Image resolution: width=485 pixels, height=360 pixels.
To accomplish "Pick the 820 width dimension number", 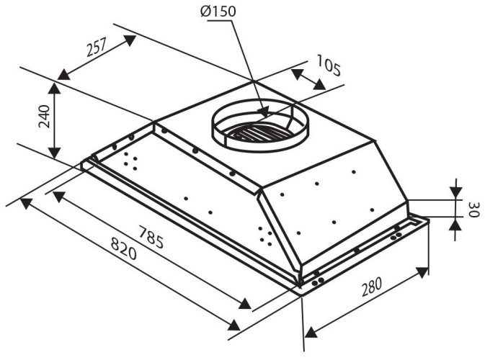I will [x=123, y=255].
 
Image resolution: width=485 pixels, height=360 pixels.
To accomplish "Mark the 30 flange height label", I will [x=473, y=210].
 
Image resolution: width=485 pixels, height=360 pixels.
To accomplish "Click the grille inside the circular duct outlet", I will [x=256, y=133].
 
